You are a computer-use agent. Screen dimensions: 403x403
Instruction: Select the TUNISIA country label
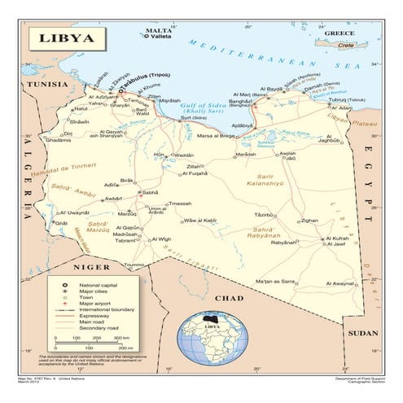[x=43, y=84]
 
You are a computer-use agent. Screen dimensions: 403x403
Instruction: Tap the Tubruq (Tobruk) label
[x=342, y=100]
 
